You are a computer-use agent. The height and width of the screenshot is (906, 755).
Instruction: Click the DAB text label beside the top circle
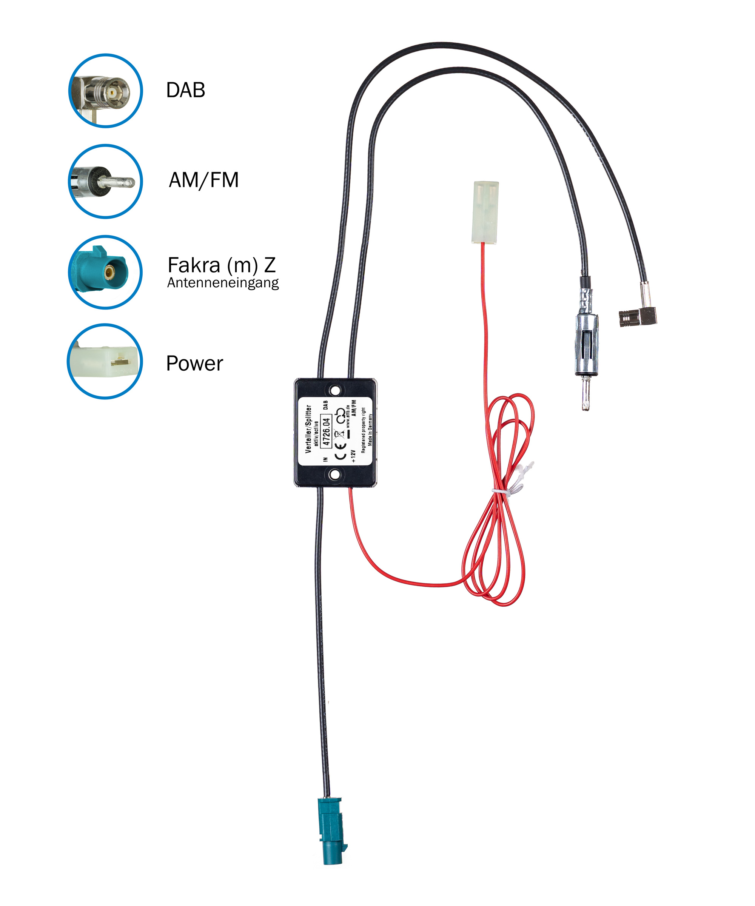185,90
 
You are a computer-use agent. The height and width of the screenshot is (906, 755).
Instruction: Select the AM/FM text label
203,180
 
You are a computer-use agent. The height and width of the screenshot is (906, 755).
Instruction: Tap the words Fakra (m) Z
221,265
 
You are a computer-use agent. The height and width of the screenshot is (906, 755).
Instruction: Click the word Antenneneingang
223,283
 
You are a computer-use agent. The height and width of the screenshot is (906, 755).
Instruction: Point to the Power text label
194,363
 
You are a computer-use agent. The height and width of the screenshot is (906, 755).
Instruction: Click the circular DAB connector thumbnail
106,91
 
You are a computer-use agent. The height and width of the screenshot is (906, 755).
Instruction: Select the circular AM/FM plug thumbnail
106,181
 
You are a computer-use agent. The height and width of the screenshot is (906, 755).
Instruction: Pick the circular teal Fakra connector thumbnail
106,272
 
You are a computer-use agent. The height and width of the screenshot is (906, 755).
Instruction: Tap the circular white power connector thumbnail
105,361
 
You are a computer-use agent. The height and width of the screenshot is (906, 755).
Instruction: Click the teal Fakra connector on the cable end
332,831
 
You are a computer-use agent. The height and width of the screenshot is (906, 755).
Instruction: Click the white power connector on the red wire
486,212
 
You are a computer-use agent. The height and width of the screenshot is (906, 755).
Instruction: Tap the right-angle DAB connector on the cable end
638,317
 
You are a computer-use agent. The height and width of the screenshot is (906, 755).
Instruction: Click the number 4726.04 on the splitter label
326,431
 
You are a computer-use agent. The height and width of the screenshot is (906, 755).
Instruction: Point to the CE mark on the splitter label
341,450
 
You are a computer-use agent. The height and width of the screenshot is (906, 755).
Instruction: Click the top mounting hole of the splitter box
335,391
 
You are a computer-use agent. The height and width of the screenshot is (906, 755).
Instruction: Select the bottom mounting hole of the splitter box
335,475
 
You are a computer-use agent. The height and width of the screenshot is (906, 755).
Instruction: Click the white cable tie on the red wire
501,492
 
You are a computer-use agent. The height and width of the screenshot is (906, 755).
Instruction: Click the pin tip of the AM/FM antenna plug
586,405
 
